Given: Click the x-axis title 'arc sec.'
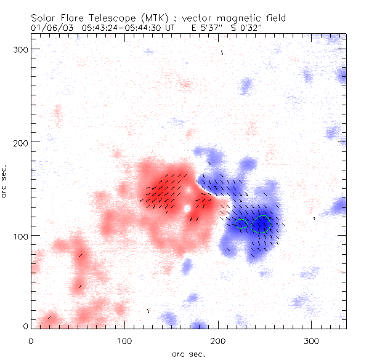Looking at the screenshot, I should point(188,353).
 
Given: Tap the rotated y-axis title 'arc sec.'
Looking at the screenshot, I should point(6,182).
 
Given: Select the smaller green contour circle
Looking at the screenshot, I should point(241,223).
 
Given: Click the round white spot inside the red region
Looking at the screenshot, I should point(187,209).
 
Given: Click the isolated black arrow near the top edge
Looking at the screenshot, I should point(222,53).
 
